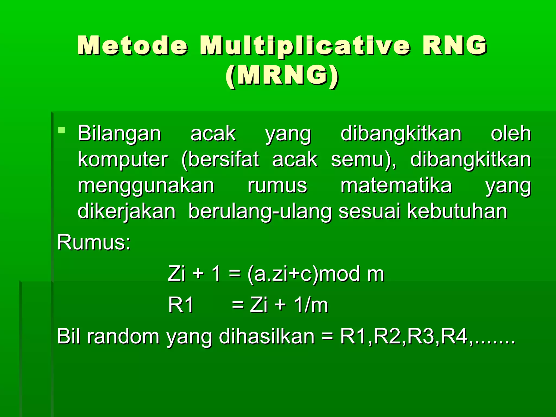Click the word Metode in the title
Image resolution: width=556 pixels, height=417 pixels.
tap(132, 45)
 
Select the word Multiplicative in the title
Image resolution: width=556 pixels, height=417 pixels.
tap(305, 46)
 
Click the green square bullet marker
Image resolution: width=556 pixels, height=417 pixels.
tap(62, 130)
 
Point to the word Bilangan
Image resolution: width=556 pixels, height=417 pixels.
tap(119, 134)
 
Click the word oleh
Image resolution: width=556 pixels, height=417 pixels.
tap(511, 134)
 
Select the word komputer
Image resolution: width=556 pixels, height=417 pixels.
tap(123, 160)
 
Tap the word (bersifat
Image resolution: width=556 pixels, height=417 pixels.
tap(220, 160)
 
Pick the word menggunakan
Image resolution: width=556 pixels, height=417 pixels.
tap(146, 186)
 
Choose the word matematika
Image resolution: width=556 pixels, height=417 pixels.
tap(396, 185)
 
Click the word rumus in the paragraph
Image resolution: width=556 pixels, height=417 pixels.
tap(277, 186)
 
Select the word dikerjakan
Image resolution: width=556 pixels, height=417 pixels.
tap(127, 212)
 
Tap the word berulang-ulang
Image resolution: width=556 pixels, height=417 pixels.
tap(260, 212)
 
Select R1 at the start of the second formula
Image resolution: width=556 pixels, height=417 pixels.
tap(181, 305)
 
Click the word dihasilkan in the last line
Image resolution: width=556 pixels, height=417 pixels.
tap(266, 336)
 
